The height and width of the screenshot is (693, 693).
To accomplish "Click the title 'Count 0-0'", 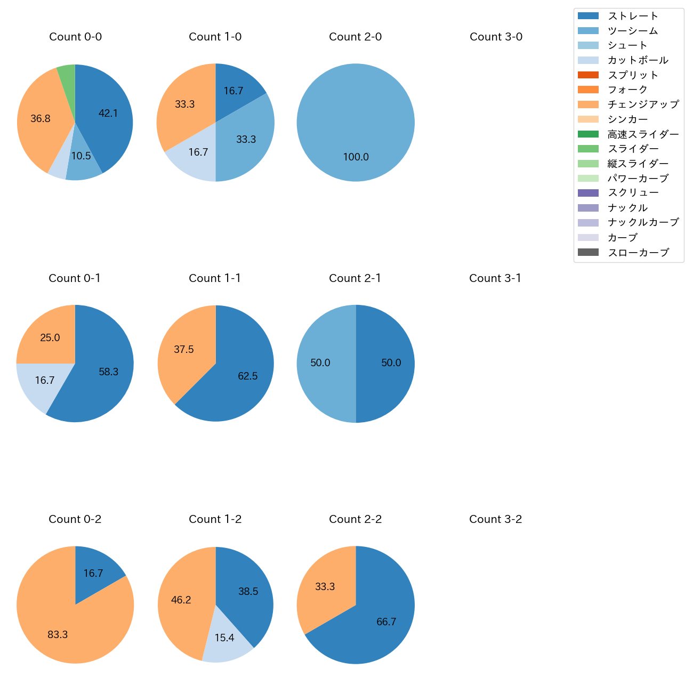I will coord(75,37).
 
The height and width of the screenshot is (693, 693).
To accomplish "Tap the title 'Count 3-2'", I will coord(495,519).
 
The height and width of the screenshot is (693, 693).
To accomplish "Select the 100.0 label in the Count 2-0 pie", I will coord(356,157).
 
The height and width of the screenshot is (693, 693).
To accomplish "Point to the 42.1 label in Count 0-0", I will coord(108,113).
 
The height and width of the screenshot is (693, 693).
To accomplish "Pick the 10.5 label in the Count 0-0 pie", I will coord(81,156).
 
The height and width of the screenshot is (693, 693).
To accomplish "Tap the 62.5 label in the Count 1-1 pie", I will coord(248,376).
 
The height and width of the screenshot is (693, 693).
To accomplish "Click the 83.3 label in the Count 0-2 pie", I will coord(58,635).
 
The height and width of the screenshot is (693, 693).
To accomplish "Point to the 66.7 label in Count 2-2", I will coord(386,622).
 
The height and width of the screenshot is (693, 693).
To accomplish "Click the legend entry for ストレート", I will coord(633,16).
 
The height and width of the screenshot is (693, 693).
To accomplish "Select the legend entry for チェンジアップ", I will coord(643,104).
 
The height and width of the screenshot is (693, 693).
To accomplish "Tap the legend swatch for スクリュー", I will coord(588,193).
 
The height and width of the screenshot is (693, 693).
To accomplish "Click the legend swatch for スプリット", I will coord(588,75).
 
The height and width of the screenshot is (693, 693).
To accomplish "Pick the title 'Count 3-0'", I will coord(496,37).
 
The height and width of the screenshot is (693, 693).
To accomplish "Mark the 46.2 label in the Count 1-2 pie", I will coord(181,600).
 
